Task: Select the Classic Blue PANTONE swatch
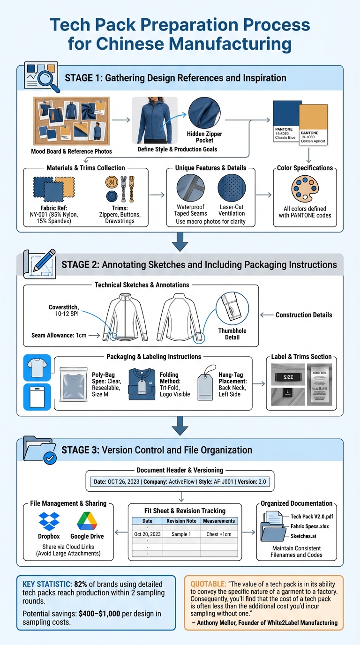tap(287, 121)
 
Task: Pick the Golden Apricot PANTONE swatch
tap(313, 124)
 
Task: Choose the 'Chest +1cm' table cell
tap(219, 534)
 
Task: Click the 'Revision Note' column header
tap(181, 521)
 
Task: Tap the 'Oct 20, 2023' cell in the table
tap(147, 534)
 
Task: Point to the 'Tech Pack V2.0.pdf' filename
tap(312, 517)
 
